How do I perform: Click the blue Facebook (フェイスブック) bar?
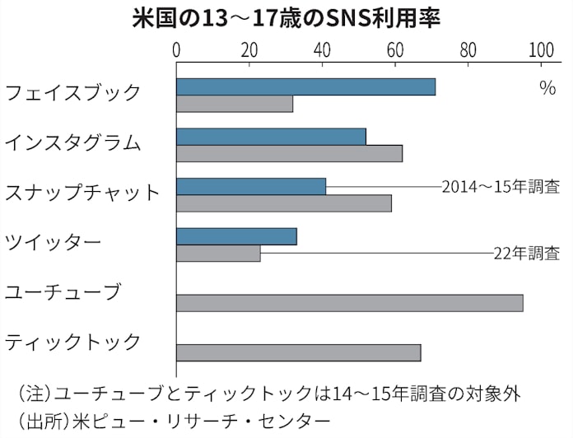click(x=305, y=87)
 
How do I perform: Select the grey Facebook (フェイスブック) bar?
click(x=235, y=105)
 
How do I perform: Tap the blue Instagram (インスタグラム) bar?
click(x=271, y=137)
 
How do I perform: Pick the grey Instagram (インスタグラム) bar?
click(x=289, y=153)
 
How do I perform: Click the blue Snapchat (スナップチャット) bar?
click(x=251, y=187)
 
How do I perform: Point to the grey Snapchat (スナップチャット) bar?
click(x=284, y=203)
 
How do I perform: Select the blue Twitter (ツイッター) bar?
click(x=236, y=237)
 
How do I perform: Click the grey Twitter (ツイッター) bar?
click(x=218, y=254)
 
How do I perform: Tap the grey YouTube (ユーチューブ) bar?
click(x=349, y=303)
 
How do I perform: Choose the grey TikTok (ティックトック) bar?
click(x=298, y=353)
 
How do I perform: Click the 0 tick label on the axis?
click(x=177, y=50)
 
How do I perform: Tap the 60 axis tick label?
click(x=395, y=50)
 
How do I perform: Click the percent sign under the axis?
click(x=547, y=89)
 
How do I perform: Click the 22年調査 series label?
click(x=527, y=254)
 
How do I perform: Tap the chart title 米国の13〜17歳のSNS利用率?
click(x=286, y=18)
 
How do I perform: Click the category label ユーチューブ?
click(x=63, y=291)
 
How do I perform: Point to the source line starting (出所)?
click(x=173, y=422)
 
